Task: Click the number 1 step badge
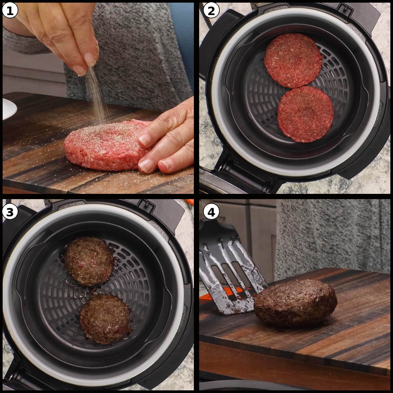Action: [x=9, y=11]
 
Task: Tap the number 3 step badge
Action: [x=9, y=212]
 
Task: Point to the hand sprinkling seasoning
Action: [x=65, y=33]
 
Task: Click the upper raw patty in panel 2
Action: [x=293, y=61]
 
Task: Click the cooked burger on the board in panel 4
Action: [x=295, y=303]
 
